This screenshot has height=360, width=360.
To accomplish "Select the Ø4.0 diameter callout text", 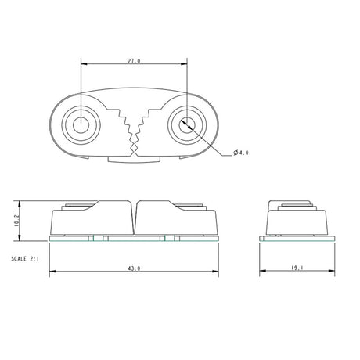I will coord(240,153).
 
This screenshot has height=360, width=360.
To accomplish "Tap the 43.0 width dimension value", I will coord(133,268).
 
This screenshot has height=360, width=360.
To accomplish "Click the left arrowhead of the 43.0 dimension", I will coord(52,272).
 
